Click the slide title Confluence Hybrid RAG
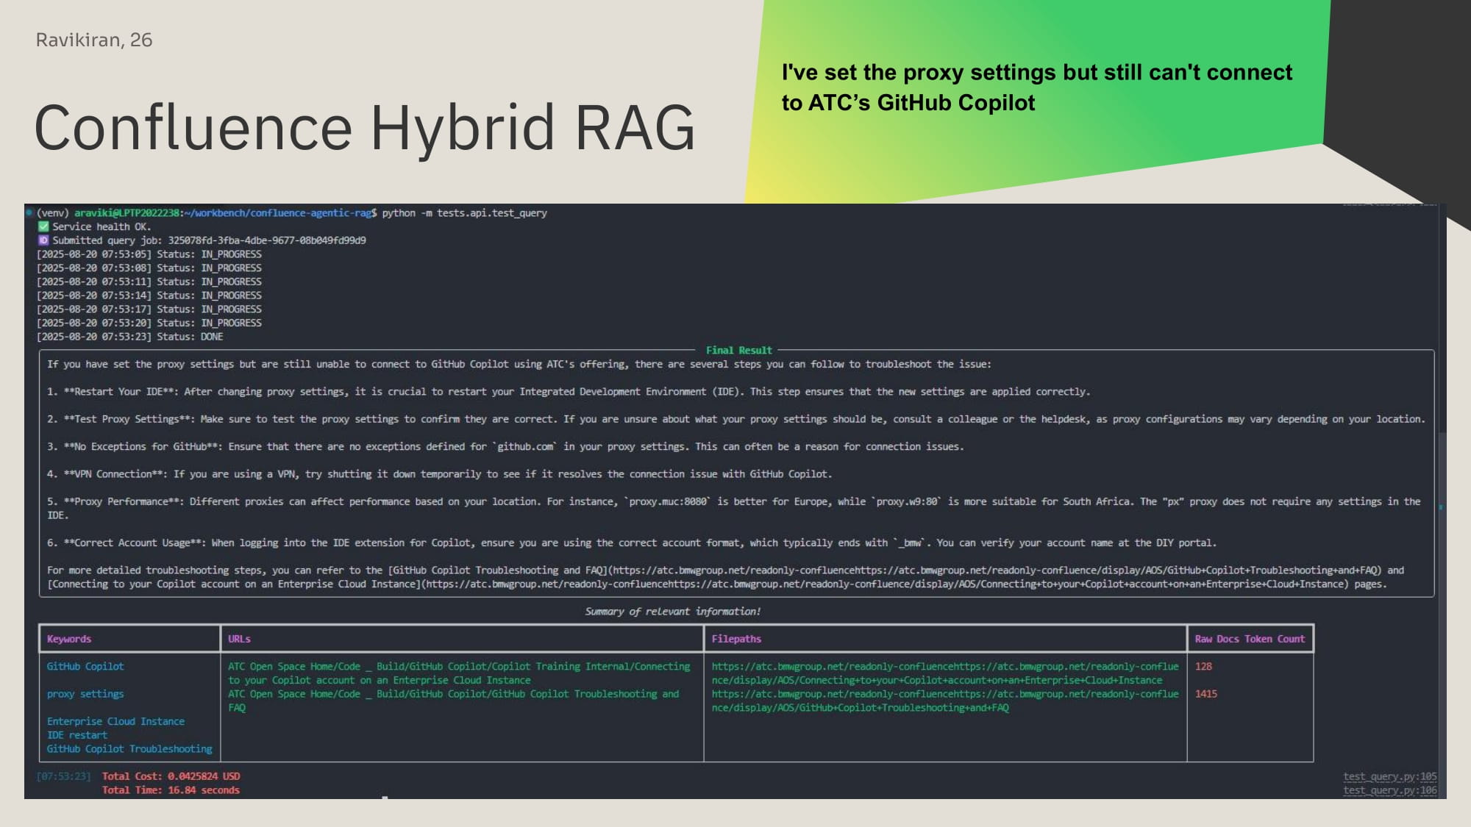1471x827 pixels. (365, 128)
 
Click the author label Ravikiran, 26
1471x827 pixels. (94, 40)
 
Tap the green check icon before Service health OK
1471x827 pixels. (43, 226)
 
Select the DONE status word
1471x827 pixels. (212, 337)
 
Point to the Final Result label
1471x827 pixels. (738, 351)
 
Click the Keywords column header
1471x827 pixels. (69, 639)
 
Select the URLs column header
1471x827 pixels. (239, 639)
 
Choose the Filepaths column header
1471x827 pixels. (736, 639)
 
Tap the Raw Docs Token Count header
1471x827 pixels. (1250, 639)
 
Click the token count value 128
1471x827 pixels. (1203, 667)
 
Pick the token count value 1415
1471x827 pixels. (1206, 694)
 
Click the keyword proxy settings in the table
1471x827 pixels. (85, 694)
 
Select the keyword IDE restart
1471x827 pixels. (77, 735)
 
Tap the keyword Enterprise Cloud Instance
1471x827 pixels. (115, 721)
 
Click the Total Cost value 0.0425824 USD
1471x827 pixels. (204, 776)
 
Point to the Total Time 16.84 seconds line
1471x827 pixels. (171, 790)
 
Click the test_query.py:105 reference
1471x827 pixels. (1389, 776)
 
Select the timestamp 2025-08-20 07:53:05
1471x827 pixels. (94, 254)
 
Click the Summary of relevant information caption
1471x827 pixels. (673, 612)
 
